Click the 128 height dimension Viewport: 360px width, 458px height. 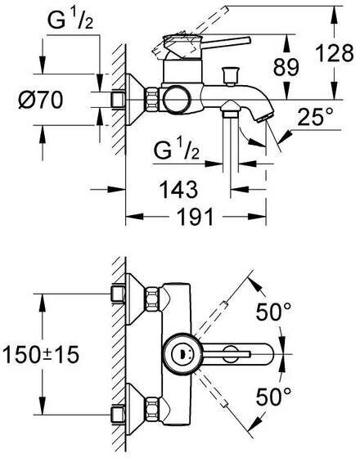[x=335, y=53]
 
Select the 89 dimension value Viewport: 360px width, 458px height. [x=286, y=67]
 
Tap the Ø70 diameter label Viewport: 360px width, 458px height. [x=40, y=100]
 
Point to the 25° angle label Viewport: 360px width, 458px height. [x=316, y=116]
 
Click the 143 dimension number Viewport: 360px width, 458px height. [x=179, y=189]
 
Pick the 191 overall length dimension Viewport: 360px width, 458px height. [x=196, y=217]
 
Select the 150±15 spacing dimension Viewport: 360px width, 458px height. [x=41, y=354]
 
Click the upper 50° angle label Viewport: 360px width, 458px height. [x=273, y=312]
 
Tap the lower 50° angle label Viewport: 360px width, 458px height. [x=273, y=397]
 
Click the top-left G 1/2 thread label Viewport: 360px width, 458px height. [x=70, y=20]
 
